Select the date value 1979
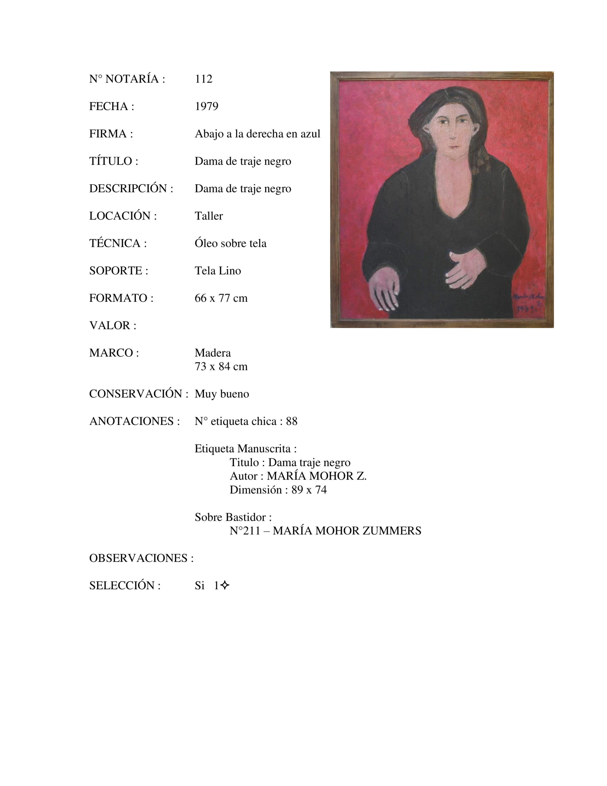coord(206,106)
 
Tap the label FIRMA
coord(110,134)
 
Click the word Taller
coord(208,216)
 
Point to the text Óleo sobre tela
coord(230,243)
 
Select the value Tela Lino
coord(217,270)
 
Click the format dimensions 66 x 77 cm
coord(221,298)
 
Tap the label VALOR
coord(112,325)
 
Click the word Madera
coord(212,353)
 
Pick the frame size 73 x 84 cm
coord(221,366)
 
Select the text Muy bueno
coord(222,394)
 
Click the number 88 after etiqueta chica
coord(292,421)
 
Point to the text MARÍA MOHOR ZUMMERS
coord(346,531)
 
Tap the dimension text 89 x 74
coord(309,490)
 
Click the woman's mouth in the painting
coord(454,147)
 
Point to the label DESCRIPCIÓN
coord(131,188)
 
